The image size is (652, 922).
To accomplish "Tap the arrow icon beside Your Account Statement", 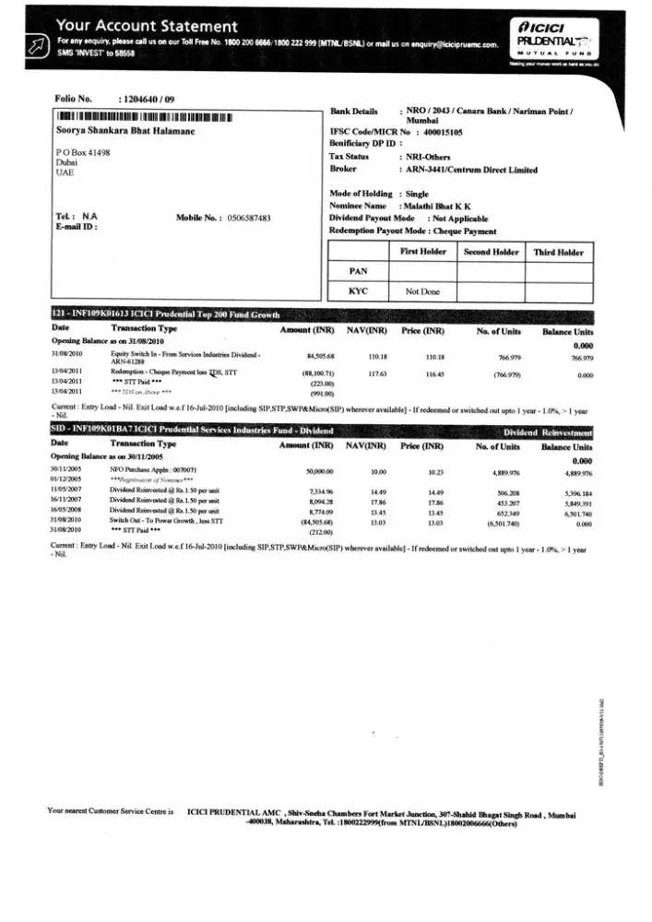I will tap(35, 45).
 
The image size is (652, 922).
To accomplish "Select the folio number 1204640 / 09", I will tap(151, 98).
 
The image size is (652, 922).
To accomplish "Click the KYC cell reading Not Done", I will tap(423, 292).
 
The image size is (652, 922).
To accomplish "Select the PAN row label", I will tap(359, 272).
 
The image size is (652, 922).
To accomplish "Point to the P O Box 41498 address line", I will tap(83, 150).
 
